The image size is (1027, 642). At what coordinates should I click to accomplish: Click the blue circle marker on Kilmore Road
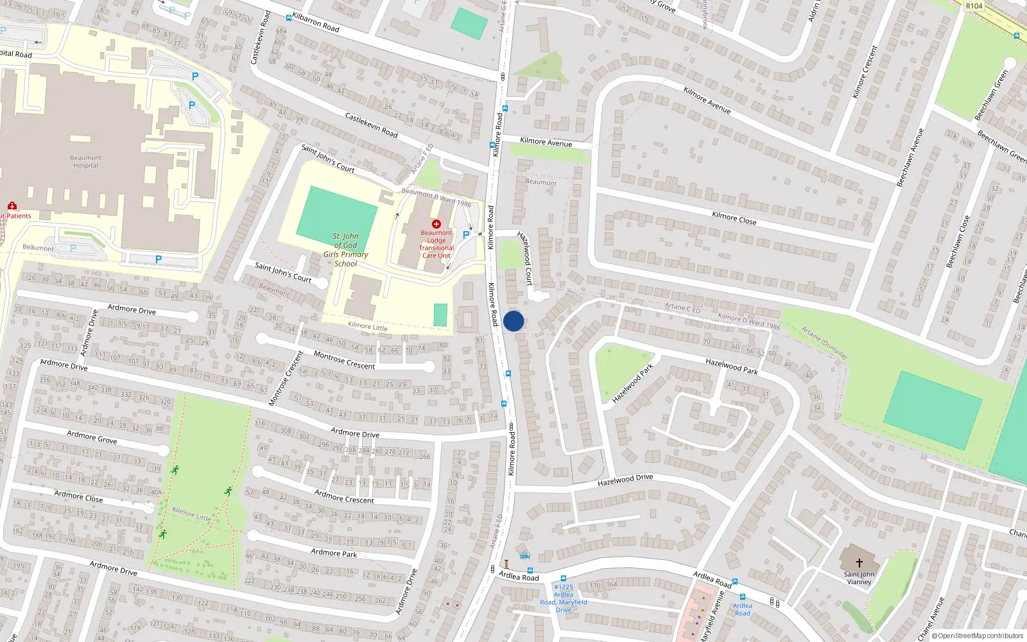[513, 321]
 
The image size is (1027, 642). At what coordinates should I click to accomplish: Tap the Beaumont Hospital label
[85, 162]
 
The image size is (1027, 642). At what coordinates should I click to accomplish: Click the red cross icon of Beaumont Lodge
[436, 224]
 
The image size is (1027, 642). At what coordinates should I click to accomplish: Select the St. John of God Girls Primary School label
[345, 250]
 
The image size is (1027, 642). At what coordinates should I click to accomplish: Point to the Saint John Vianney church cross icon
[859, 563]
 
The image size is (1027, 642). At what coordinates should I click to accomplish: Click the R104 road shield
[974, 6]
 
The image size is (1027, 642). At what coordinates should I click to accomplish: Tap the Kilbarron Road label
[315, 22]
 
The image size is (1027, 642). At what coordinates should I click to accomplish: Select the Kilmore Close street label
[734, 218]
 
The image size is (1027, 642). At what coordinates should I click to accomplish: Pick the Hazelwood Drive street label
[625, 480]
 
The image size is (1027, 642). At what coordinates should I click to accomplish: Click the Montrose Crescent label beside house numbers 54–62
[344, 360]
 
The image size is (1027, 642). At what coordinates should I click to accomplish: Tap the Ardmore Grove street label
[92, 437]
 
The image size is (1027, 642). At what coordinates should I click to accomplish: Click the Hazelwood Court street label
[525, 258]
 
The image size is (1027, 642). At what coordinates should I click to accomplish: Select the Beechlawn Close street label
[958, 241]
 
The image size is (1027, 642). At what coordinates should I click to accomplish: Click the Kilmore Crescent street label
[864, 72]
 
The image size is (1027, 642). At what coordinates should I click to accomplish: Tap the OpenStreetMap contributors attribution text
[977, 636]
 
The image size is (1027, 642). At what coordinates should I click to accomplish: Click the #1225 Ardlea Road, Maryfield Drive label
[563, 598]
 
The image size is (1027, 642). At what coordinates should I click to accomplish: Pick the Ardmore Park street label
[334, 553]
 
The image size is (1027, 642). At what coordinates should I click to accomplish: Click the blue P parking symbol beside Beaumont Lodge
[466, 235]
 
